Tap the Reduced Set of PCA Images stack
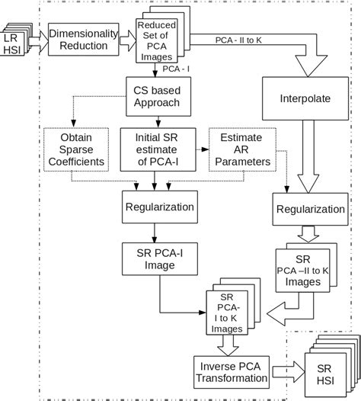point(157,43)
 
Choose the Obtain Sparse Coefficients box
point(70,150)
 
